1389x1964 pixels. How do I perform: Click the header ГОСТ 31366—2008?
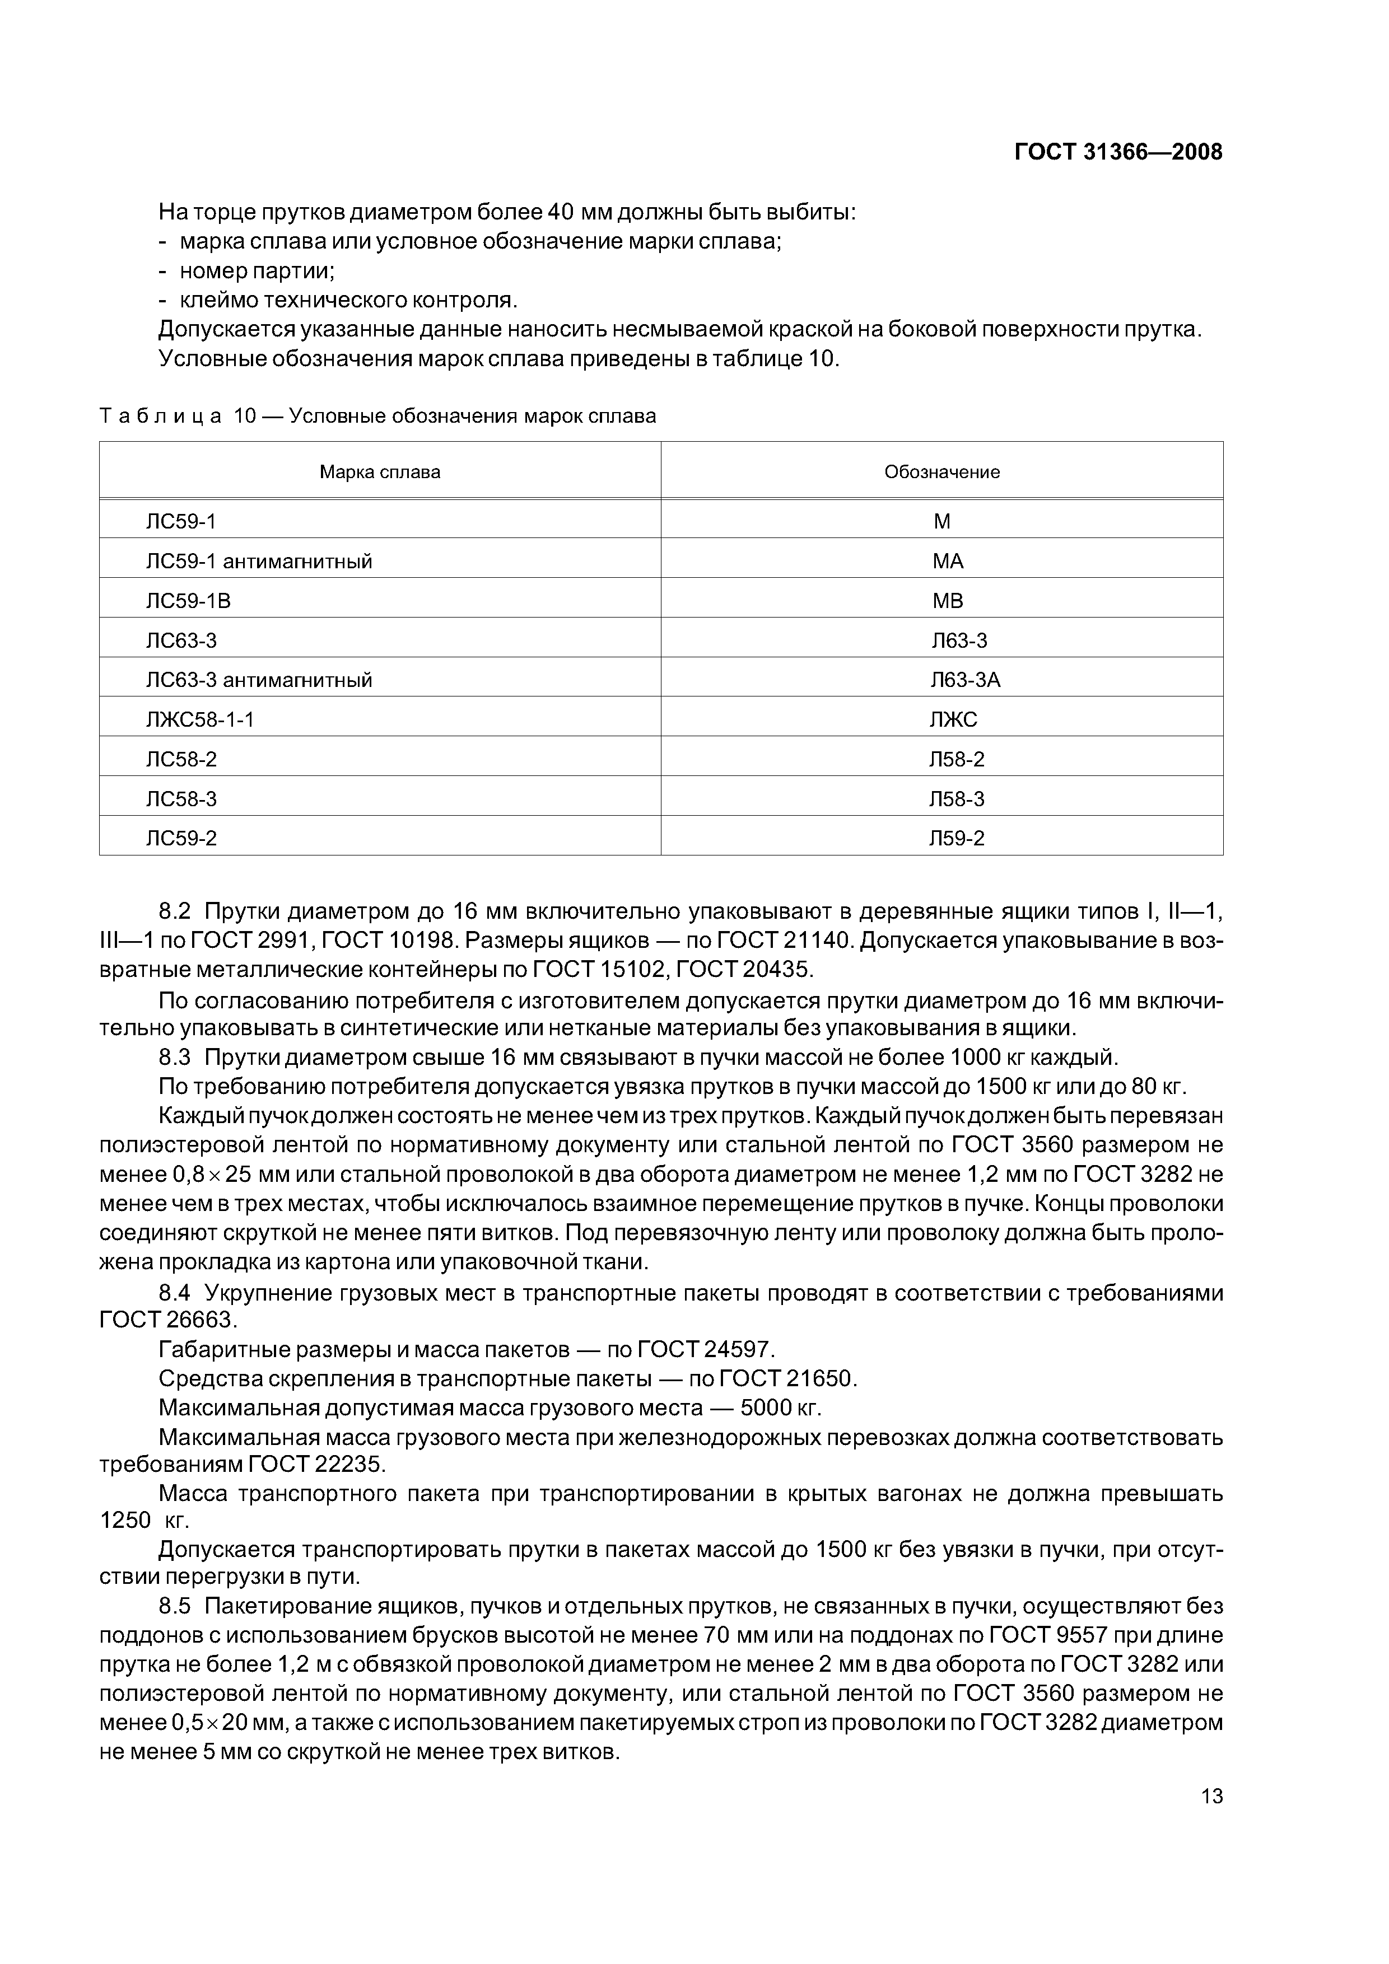[x=1118, y=152]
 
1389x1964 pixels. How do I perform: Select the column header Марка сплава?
[x=380, y=472]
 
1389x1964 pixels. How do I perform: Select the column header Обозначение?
[x=941, y=472]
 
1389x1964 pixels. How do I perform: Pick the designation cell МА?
[x=948, y=561]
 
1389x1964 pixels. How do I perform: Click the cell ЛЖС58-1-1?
[x=201, y=720]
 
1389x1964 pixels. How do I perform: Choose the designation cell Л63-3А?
[x=966, y=680]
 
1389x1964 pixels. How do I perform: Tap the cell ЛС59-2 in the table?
[x=181, y=838]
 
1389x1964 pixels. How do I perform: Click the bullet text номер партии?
[x=257, y=271]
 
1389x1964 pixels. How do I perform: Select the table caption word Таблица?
[x=161, y=417]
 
